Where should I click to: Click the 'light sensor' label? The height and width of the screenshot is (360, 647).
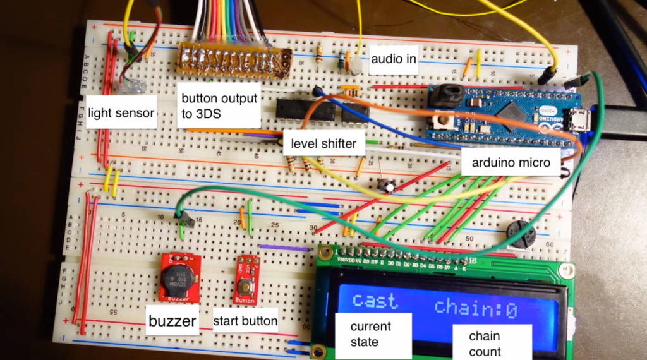click(121, 113)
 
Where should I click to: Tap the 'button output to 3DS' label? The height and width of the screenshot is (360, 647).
click(219, 105)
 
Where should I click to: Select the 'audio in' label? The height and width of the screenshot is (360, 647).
click(392, 60)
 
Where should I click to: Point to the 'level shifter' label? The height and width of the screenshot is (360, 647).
click(323, 143)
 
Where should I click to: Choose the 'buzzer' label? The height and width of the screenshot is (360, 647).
click(172, 321)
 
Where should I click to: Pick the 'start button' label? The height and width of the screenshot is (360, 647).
click(245, 321)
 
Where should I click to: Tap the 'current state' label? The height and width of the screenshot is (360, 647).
click(372, 334)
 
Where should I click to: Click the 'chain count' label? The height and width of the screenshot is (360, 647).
click(485, 344)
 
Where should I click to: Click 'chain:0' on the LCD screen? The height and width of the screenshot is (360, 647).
click(476, 308)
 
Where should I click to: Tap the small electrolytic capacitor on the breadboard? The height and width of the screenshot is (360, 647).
click(387, 185)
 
